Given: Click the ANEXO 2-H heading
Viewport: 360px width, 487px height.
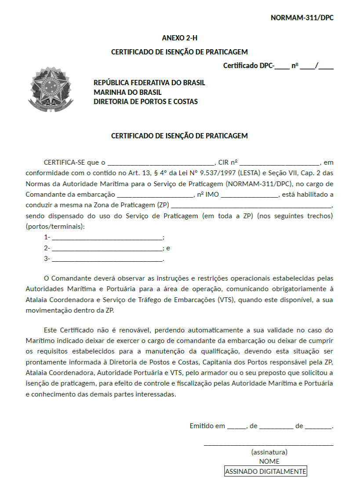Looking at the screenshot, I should [x=179, y=38].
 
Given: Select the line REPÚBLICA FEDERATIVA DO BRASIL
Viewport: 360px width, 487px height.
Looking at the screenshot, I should [x=149, y=83].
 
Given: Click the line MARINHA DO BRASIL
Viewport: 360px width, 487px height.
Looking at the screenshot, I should [x=127, y=92].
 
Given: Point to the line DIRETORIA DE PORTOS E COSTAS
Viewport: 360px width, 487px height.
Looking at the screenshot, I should [x=145, y=102].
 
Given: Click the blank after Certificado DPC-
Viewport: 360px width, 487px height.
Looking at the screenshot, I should [x=282, y=67].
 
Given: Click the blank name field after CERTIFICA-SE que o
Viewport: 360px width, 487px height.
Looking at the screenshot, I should [x=160, y=162].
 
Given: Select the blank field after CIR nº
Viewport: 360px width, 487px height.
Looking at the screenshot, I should [x=280, y=162].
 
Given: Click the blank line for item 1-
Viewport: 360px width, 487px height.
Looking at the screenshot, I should [x=107, y=238].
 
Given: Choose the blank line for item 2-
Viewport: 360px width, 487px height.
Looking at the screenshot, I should [x=107, y=248].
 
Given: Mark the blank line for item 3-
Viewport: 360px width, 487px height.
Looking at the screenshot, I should [x=107, y=259].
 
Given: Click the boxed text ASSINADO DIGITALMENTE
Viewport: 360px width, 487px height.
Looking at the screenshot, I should [x=265, y=471].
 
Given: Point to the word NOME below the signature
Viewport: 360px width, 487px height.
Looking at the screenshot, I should [x=269, y=462].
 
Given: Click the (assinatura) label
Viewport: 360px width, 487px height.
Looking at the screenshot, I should [x=269, y=452].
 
